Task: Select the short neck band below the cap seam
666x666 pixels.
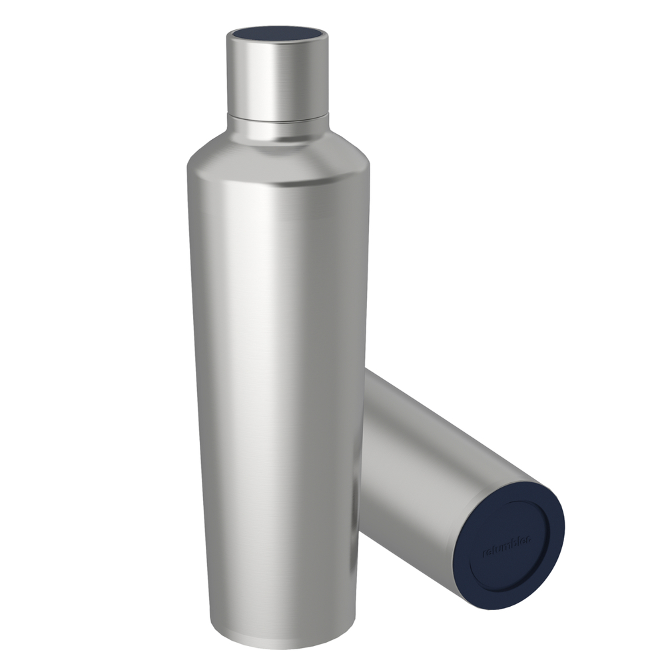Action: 277,129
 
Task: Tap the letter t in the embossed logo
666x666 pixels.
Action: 491,551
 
